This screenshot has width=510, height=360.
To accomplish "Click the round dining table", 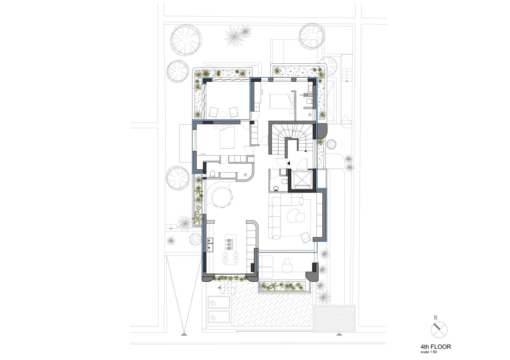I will pyautogui.click(x=221, y=197).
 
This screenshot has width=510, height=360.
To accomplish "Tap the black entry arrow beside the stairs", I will pyautogui.click(x=289, y=163).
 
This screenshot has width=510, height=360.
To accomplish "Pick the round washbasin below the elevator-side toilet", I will pyautogui.click(x=276, y=188).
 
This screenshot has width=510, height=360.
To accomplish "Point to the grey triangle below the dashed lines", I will pyautogui.click(x=183, y=335).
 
